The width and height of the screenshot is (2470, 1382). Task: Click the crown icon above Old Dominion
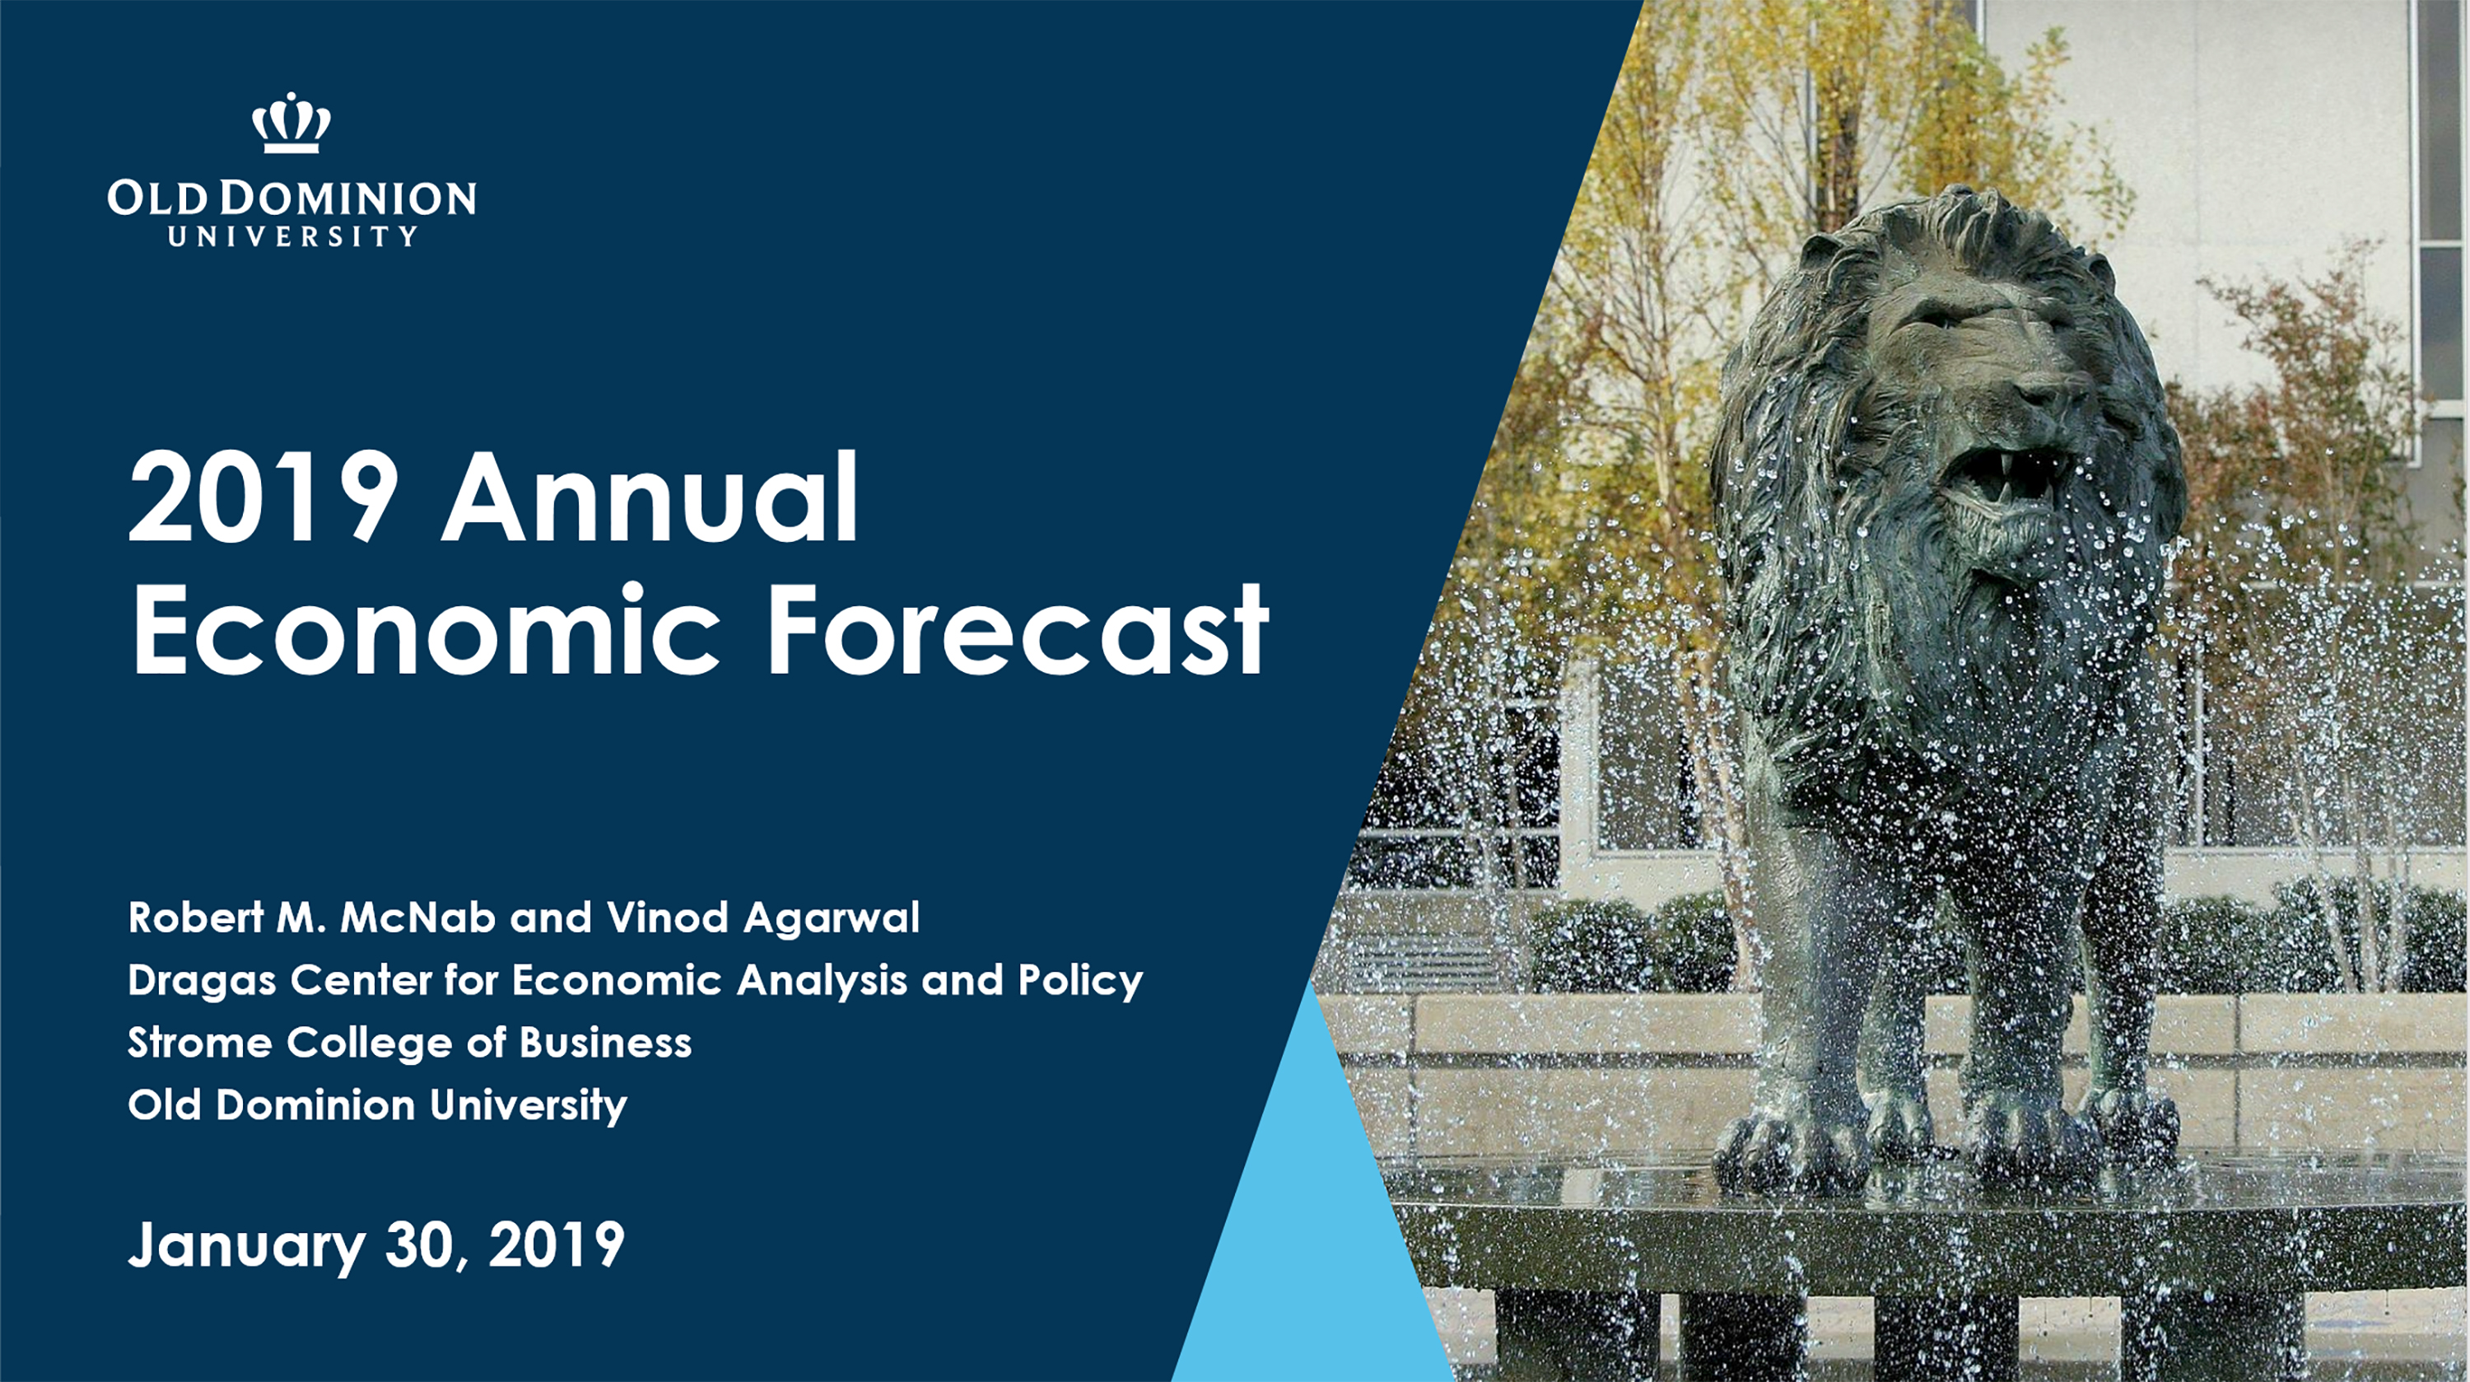pyautogui.click(x=291, y=123)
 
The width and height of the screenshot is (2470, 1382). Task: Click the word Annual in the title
pyautogui.click(x=649, y=499)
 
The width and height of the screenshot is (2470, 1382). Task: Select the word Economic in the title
pyautogui.click(x=425, y=631)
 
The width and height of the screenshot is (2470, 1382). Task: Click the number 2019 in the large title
pyautogui.click(x=263, y=499)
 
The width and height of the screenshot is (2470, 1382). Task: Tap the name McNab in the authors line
pyautogui.click(x=417, y=917)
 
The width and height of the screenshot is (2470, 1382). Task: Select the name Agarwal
pyautogui.click(x=831, y=917)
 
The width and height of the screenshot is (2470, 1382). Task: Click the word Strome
pyautogui.click(x=199, y=1044)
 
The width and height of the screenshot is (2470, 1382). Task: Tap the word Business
pyautogui.click(x=605, y=1044)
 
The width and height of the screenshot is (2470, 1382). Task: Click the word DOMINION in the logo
pyautogui.click(x=348, y=198)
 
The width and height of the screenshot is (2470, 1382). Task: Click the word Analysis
pyautogui.click(x=821, y=981)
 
